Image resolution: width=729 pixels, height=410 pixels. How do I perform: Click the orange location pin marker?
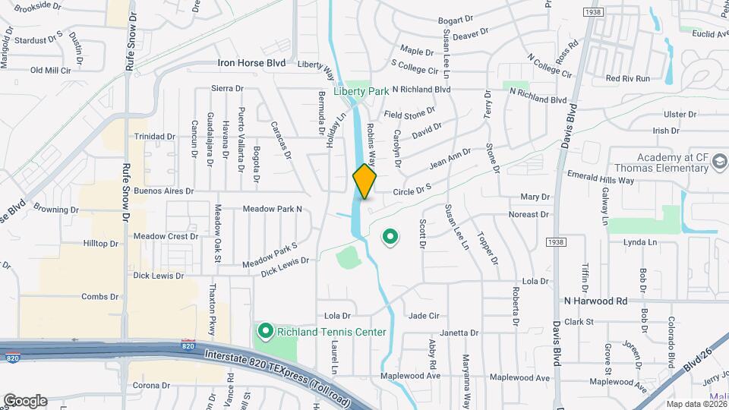click(364, 181)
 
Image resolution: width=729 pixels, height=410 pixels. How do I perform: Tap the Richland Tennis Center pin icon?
click(265, 331)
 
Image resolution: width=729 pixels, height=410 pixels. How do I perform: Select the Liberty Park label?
click(361, 91)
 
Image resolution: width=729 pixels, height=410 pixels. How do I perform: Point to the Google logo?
click(25, 400)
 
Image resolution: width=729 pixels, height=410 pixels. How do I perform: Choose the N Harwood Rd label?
click(595, 301)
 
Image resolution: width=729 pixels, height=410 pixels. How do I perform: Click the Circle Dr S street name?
click(412, 189)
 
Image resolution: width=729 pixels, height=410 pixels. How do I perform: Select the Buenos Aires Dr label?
click(163, 191)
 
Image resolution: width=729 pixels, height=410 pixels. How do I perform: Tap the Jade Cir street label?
click(424, 315)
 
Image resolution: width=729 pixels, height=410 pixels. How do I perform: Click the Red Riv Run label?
click(628, 78)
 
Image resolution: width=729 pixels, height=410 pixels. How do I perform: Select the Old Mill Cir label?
click(50, 70)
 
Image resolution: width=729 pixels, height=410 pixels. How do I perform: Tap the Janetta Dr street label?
click(459, 333)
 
